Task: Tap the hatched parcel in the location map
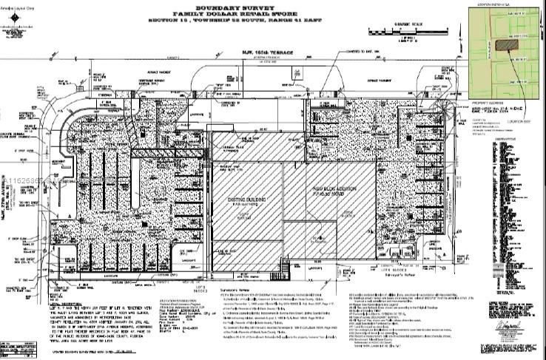tap(506, 44)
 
